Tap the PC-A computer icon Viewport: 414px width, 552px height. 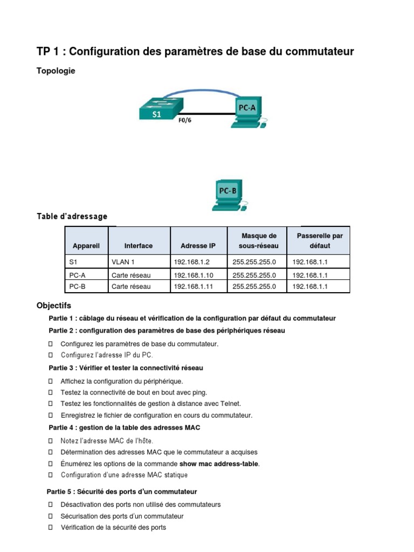(247, 111)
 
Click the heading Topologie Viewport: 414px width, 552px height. (56, 71)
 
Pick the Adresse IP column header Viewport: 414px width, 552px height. (198, 246)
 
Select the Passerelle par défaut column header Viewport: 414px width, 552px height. (320, 240)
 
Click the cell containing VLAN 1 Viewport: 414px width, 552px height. (123, 262)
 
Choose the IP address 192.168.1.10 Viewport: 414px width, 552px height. (192, 275)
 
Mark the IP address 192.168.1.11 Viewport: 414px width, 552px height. (192, 287)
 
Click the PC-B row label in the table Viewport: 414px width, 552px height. (78, 287)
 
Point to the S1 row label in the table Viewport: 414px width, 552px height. (74, 262)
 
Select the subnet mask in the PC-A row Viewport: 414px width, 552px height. (254, 275)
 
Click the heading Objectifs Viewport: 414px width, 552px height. (53, 306)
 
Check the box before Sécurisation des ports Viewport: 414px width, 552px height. (50, 516)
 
